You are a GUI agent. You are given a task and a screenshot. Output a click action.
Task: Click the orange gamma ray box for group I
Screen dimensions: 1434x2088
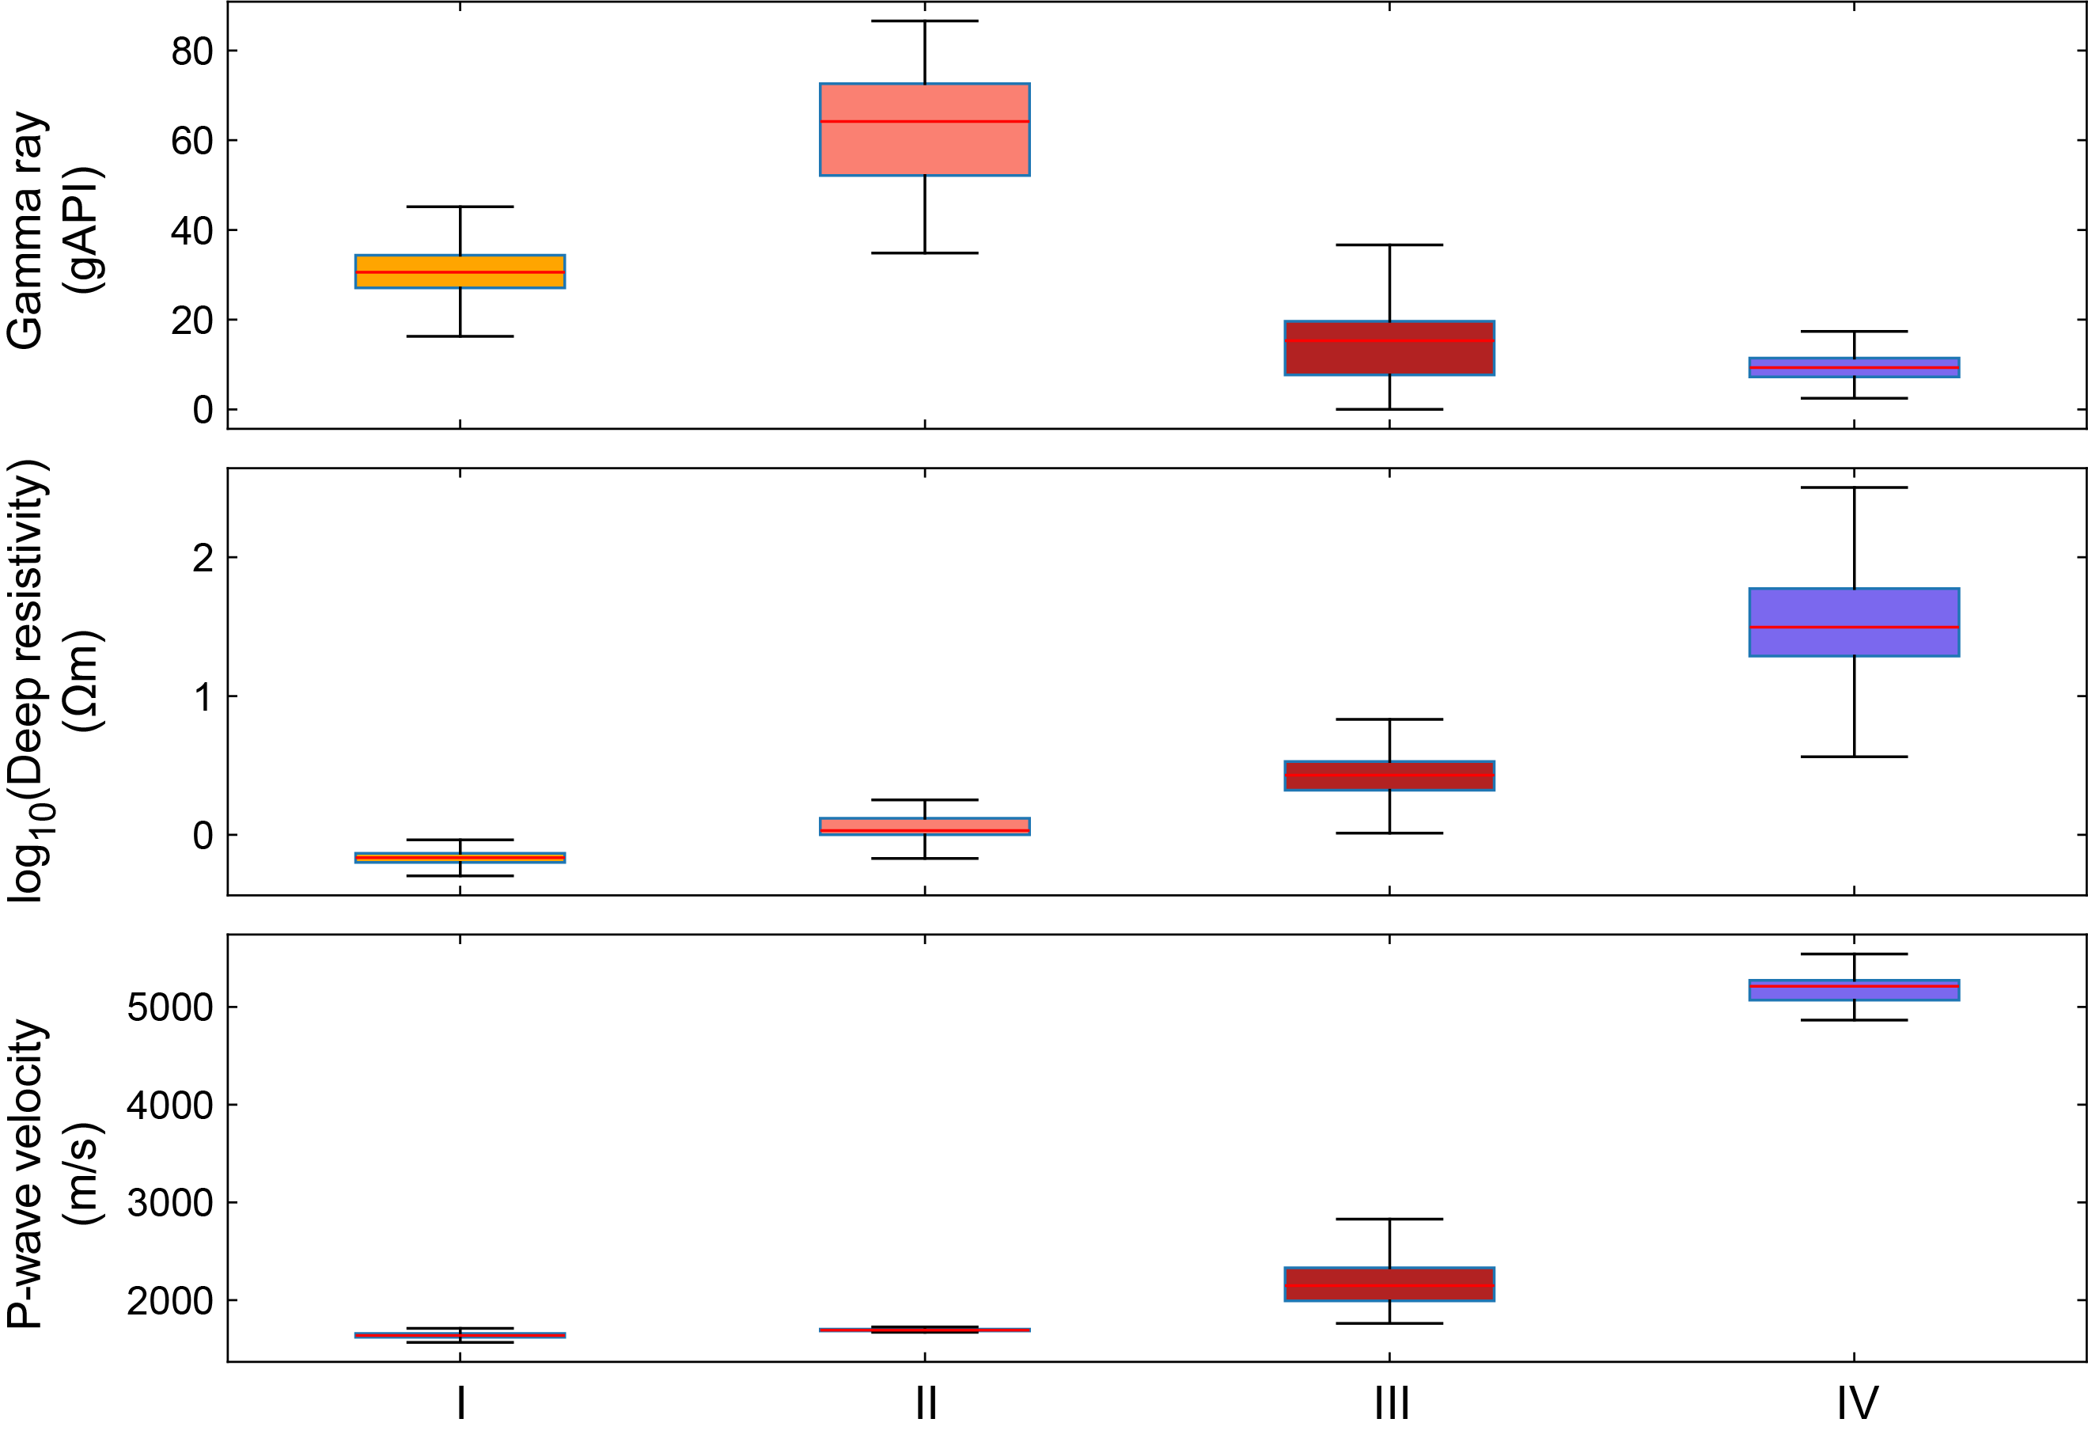point(460,271)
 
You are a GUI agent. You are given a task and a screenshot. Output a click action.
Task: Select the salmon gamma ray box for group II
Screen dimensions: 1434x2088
point(924,144)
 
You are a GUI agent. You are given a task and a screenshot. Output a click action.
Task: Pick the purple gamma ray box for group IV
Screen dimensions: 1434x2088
point(1855,366)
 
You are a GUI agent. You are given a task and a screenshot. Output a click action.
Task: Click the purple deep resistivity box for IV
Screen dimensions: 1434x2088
point(1855,623)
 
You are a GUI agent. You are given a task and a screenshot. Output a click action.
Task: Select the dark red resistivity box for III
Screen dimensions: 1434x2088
point(1389,776)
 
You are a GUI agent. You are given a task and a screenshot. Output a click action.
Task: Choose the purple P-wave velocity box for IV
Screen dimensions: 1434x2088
point(1855,989)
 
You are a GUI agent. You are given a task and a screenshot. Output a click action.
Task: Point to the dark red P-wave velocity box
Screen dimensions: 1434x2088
point(1389,1284)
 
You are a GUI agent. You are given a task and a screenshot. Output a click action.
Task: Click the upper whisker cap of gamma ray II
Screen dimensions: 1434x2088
point(924,21)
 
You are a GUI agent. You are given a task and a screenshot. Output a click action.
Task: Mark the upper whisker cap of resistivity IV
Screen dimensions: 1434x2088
point(1855,487)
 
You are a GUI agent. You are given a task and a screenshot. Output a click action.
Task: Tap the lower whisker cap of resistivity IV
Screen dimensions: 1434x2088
point(1855,757)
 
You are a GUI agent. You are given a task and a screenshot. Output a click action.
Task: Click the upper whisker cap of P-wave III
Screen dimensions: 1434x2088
point(1389,1220)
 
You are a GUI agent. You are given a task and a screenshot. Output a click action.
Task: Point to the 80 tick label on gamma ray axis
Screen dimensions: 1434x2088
point(192,51)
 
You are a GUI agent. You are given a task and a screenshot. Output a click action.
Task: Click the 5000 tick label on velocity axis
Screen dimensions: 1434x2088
point(170,1007)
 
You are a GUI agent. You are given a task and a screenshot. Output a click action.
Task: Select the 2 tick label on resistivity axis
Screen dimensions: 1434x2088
point(203,558)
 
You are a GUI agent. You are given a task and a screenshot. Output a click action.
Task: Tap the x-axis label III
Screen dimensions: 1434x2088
point(1391,1402)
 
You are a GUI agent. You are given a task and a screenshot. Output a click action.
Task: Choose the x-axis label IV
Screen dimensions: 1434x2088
point(1857,1402)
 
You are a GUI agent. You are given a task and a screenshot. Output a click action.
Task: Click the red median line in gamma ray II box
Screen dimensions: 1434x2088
point(924,121)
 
